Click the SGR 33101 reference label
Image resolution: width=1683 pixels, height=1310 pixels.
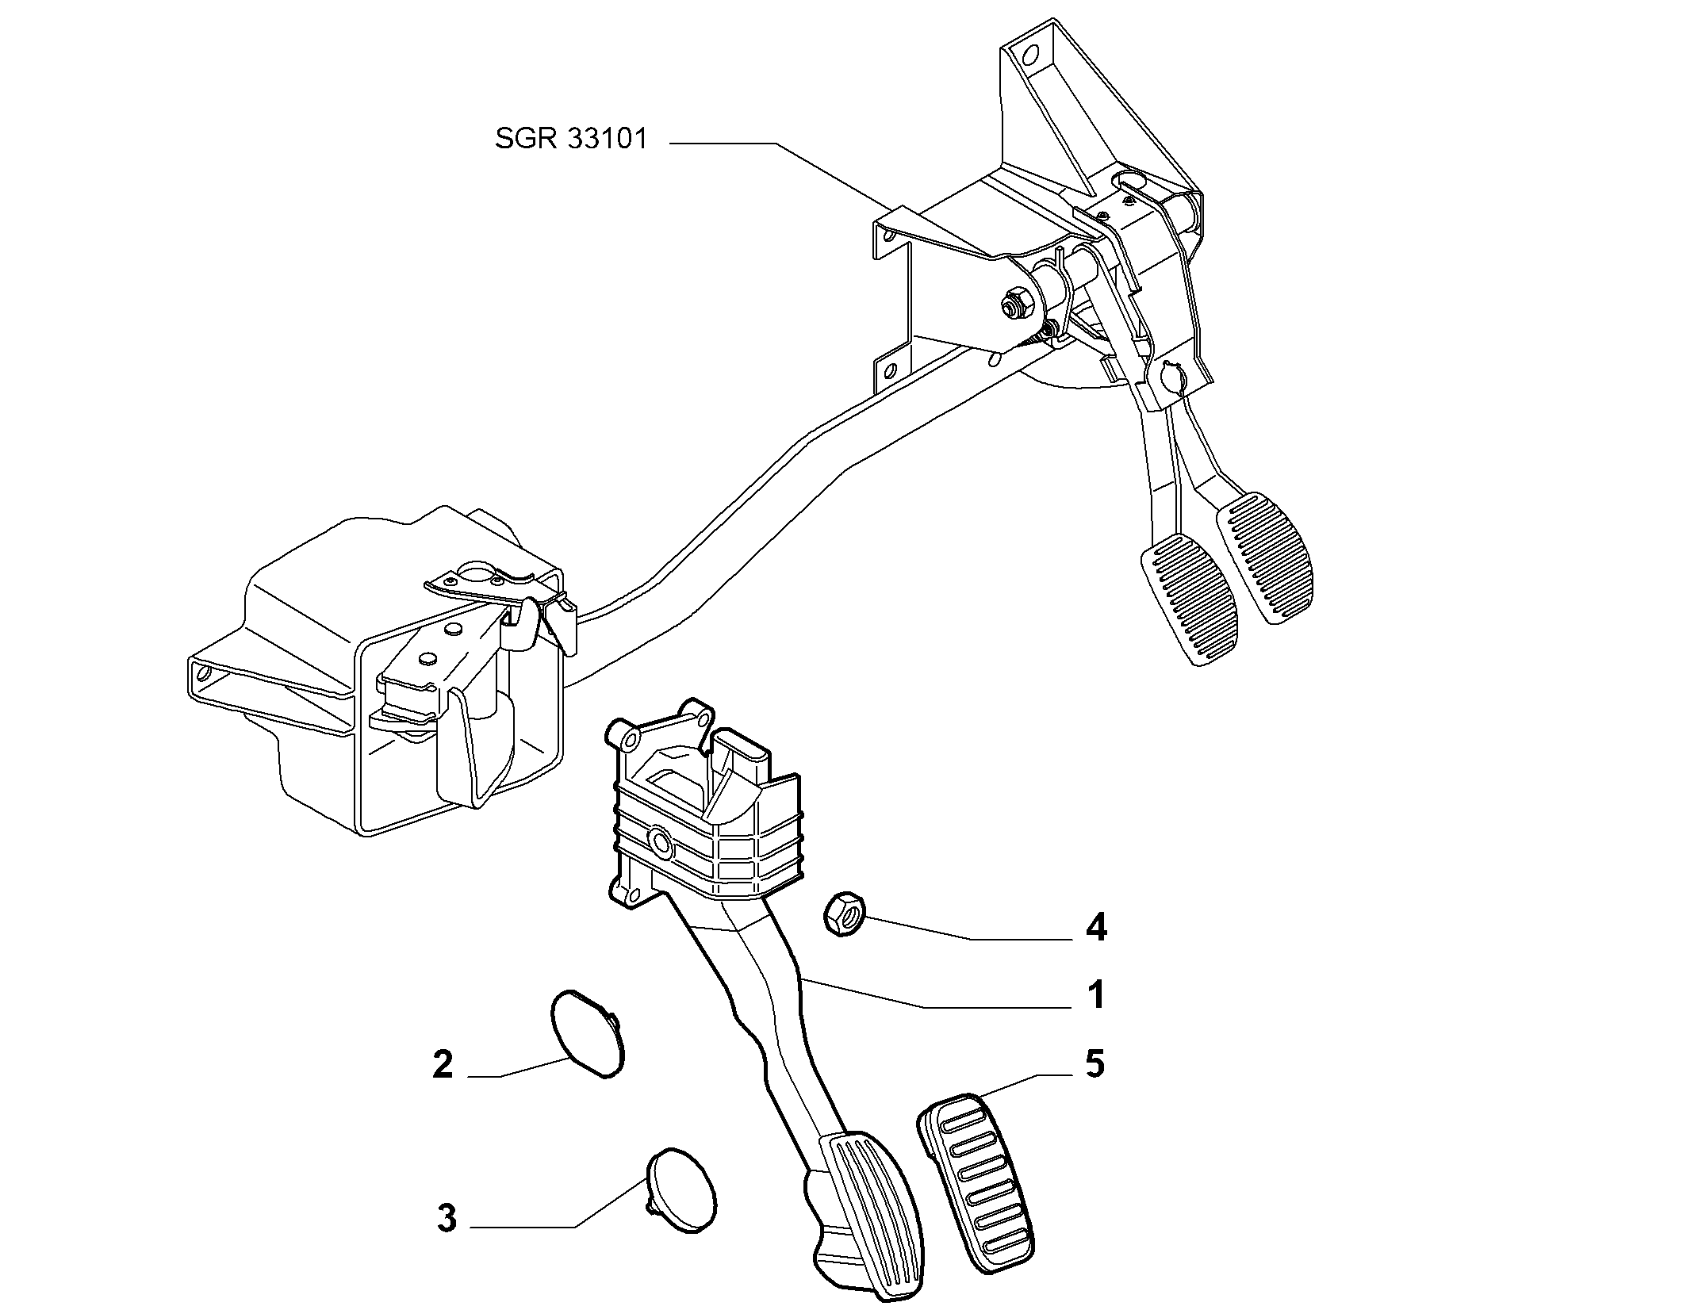(571, 139)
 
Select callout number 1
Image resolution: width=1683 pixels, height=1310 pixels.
(1096, 994)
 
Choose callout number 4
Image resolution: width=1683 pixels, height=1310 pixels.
(1096, 927)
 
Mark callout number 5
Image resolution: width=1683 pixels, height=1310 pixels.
(1095, 1064)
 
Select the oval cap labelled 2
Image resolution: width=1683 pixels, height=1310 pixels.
(588, 1032)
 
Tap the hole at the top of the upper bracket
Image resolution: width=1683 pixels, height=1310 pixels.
(1030, 55)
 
